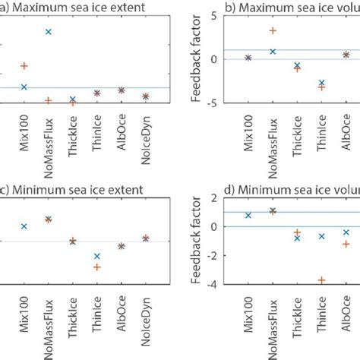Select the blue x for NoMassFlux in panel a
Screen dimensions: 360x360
pos(48,32)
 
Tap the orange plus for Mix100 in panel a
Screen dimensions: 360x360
pos(24,66)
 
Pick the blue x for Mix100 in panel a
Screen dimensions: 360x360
pos(24,87)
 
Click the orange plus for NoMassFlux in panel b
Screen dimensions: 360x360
pos(273,30)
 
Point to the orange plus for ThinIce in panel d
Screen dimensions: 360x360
pos(321,280)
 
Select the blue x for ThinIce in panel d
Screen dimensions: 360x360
pos(321,236)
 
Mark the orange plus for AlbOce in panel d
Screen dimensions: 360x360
pos(346,244)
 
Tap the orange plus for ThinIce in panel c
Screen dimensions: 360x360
pos(96,267)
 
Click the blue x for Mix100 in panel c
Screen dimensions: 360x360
pos(24,226)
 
